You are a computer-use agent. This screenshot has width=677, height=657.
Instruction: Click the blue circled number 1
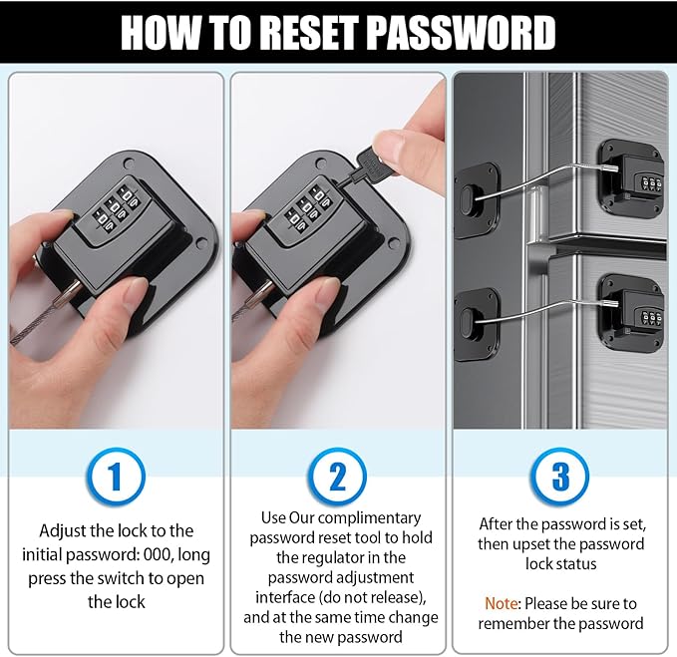coord(116,477)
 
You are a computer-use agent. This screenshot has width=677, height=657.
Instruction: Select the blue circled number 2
coord(338,477)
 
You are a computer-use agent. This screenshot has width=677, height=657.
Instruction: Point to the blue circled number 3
coord(560,477)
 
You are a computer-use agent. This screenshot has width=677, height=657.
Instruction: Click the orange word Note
coord(501,603)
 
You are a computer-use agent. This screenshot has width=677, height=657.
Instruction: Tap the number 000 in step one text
coord(158,554)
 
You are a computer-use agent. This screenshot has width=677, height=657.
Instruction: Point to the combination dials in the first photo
coord(115,206)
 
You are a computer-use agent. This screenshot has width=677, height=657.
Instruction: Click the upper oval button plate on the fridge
coord(478,199)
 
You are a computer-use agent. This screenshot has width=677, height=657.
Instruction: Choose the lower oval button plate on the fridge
coord(478,324)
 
